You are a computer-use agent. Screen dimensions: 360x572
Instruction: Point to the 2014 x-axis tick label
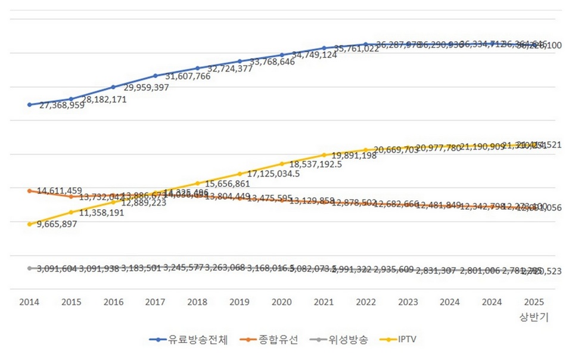tap(29, 302)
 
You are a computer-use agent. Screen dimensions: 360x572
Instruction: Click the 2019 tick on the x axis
tap(240, 302)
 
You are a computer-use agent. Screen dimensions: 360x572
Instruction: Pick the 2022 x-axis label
tap(366, 302)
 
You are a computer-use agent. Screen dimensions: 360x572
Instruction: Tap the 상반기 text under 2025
tap(534, 318)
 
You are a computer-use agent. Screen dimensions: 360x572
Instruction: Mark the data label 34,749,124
tap(313, 55)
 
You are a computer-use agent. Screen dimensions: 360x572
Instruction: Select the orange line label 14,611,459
tap(60, 191)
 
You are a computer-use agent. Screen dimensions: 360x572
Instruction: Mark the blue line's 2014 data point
tap(29, 104)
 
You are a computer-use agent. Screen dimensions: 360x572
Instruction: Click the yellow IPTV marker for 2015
tap(71, 212)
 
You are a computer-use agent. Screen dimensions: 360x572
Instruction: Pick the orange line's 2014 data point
tap(29, 191)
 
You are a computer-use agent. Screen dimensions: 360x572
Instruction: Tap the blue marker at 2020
tap(282, 55)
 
